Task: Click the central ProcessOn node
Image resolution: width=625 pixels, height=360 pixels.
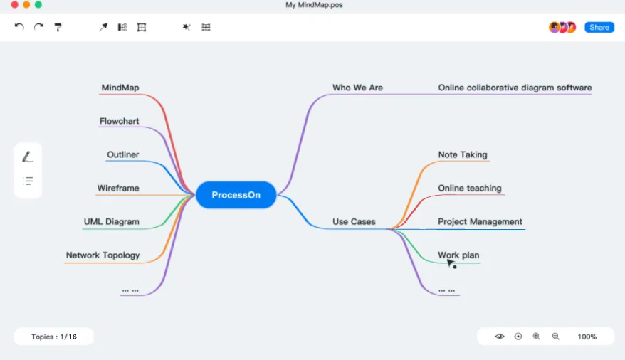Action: click(x=236, y=195)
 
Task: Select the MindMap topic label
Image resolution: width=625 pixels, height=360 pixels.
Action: click(x=120, y=88)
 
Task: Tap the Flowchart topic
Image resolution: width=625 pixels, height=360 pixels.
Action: click(x=119, y=122)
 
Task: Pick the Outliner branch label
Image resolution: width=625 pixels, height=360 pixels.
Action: click(x=122, y=155)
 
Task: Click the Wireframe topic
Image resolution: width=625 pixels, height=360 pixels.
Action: click(x=117, y=189)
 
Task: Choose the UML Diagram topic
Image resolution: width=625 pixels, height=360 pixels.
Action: click(x=111, y=222)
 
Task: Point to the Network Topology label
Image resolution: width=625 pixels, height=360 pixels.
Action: click(x=103, y=255)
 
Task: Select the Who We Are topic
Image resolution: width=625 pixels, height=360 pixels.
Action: click(x=357, y=88)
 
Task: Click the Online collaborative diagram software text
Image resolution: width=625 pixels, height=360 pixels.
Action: click(x=515, y=88)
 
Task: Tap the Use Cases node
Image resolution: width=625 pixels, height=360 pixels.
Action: click(x=354, y=222)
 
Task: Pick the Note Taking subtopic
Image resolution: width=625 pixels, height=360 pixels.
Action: click(x=463, y=155)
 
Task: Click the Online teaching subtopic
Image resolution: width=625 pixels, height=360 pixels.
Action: click(x=470, y=189)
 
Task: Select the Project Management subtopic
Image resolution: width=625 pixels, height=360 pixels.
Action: click(x=480, y=222)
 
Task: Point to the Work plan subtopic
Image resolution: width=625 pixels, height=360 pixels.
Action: click(x=458, y=255)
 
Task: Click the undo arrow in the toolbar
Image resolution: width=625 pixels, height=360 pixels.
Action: click(x=19, y=27)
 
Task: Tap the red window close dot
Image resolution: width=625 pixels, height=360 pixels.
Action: click(x=14, y=5)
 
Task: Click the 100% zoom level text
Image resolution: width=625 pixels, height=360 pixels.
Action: click(x=587, y=337)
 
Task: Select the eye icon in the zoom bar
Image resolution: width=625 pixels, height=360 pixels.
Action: click(x=500, y=337)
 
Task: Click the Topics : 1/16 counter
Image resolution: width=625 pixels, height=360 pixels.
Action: click(x=53, y=337)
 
